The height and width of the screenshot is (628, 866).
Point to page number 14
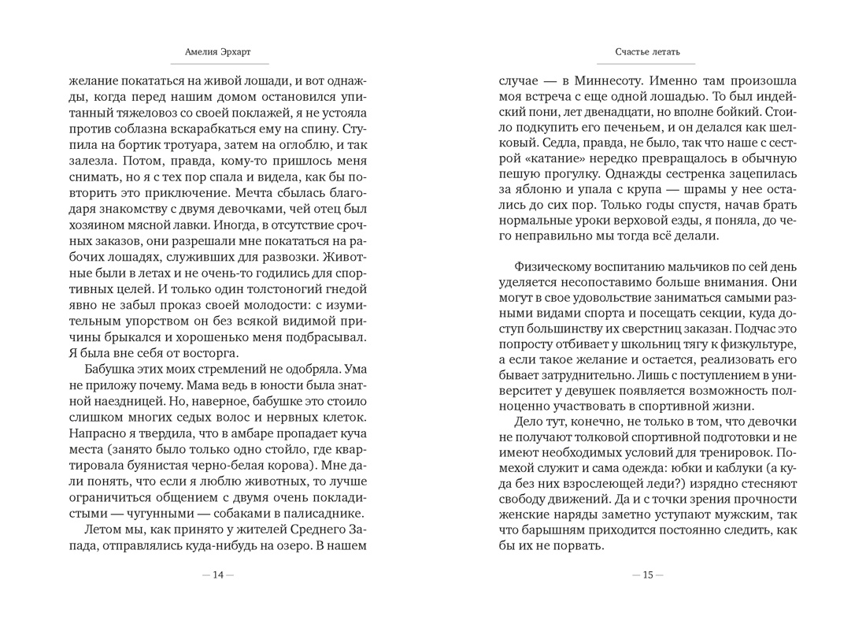tap(218, 575)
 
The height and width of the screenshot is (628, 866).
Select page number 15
tap(647, 575)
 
